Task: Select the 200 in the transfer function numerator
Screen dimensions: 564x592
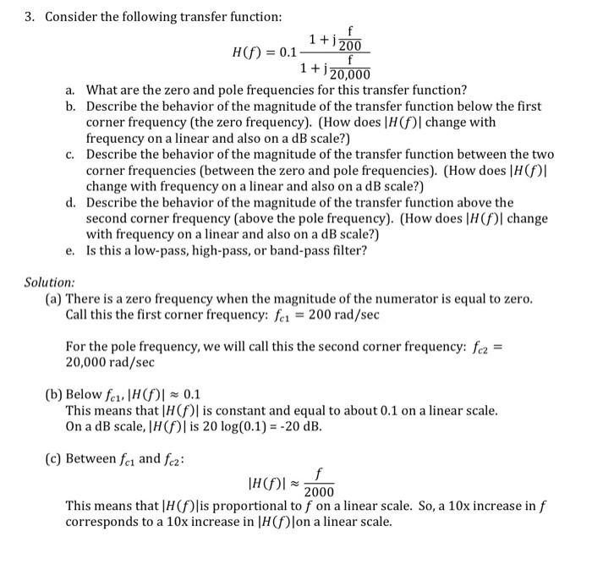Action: (x=348, y=46)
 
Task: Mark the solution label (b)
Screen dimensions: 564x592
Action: (x=53, y=395)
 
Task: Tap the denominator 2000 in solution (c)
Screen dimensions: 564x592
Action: (x=319, y=493)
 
